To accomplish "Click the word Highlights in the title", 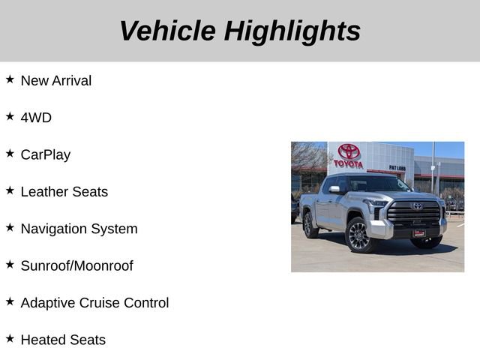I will [292, 31].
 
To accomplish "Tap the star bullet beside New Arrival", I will [10, 79].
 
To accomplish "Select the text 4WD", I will [36, 118].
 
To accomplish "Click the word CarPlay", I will [45, 155].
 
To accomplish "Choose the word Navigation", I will [55, 229].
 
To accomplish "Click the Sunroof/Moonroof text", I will [76, 266].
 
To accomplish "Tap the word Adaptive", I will [49, 303].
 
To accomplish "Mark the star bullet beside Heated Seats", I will [10, 338].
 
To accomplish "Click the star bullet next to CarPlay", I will [10, 153].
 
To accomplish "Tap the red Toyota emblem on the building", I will [349, 151].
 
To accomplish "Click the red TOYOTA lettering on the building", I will [348, 163].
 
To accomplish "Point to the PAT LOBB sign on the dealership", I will [397, 167].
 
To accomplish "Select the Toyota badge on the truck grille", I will [417, 206].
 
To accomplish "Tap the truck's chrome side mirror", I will [334, 190].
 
